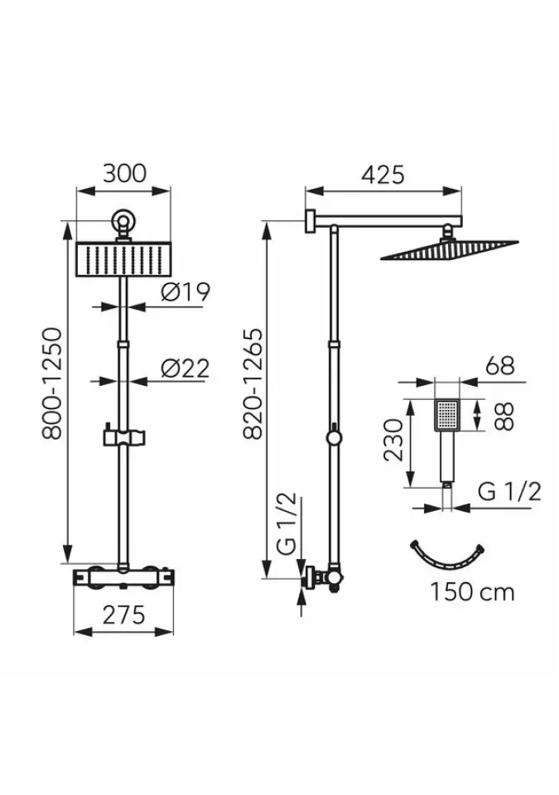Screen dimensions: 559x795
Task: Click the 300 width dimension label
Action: click(x=124, y=173)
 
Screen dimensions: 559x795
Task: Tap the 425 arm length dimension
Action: click(x=383, y=175)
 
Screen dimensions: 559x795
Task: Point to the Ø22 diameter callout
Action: click(x=186, y=369)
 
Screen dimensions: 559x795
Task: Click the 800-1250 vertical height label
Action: click(x=52, y=383)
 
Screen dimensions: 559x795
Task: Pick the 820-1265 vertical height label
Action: click(x=253, y=383)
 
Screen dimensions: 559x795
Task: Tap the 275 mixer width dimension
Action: click(x=123, y=615)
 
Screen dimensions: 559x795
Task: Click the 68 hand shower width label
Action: click(x=499, y=365)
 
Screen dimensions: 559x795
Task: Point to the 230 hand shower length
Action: click(x=393, y=439)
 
